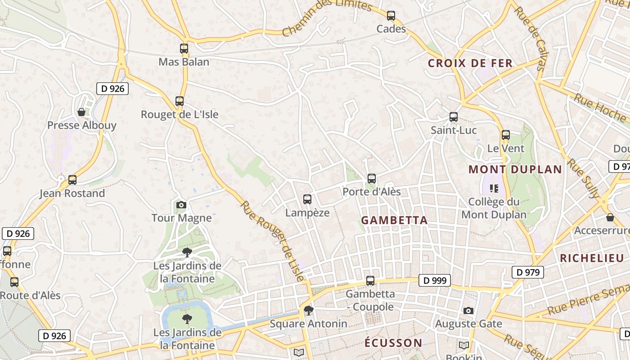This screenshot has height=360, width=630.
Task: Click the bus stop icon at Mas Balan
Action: point(184,49)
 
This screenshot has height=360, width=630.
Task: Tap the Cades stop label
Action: point(391,29)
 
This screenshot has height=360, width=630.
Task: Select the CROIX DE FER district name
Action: point(470,63)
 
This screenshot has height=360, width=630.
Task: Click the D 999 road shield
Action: point(435,281)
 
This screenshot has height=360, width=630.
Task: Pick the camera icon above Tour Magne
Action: point(181,205)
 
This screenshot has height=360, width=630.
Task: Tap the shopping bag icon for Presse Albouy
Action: point(81,112)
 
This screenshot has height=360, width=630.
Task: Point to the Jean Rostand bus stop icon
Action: point(72,180)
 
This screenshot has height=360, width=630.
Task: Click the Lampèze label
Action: point(307,213)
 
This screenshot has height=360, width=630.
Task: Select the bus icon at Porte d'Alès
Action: point(371,179)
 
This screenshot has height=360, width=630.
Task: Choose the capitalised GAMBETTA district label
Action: point(394,220)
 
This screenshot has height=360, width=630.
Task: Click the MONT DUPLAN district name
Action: point(515,170)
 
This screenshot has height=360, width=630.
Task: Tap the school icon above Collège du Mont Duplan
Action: point(494,189)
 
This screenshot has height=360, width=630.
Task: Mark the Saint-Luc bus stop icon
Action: point(453,117)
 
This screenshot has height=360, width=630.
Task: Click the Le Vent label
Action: point(506,148)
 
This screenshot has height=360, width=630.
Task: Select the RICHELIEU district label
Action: point(592,258)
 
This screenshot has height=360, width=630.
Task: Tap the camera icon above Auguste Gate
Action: point(468,311)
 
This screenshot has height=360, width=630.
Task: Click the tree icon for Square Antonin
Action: point(308,310)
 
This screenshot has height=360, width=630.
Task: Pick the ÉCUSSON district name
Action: point(393,343)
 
